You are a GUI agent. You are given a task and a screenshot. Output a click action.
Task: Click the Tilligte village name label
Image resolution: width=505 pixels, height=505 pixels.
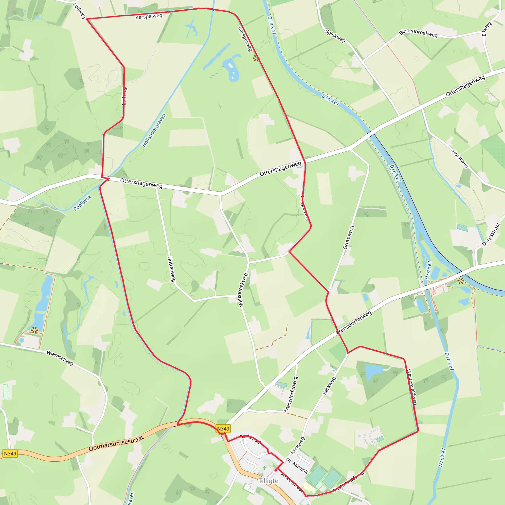click(268, 481)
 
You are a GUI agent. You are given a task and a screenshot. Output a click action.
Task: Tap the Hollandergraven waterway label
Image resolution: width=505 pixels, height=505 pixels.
click(154, 130)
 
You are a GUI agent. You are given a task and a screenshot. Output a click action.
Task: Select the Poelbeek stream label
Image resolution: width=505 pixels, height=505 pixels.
click(82, 203)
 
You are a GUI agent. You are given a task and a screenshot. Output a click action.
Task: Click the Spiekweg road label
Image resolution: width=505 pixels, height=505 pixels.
click(335, 36)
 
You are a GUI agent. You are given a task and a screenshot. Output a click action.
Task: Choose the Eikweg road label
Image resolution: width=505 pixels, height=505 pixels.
click(487, 29)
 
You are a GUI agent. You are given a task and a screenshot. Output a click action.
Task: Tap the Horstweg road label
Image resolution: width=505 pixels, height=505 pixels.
click(460, 158)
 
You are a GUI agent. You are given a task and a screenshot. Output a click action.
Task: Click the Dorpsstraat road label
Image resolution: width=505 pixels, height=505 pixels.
click(491, 234)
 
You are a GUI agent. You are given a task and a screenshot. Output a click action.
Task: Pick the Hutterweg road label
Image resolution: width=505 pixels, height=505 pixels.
click(171, 269)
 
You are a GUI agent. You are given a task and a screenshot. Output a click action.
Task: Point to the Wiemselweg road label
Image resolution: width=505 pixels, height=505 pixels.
click(60, 358)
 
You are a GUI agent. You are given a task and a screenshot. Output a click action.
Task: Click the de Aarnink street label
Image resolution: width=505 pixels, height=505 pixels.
click(297, 466)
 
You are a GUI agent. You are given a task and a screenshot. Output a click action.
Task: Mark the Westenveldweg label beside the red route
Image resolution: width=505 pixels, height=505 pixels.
click(412, 387)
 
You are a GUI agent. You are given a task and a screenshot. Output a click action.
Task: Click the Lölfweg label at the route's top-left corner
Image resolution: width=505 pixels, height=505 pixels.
click(79, 11)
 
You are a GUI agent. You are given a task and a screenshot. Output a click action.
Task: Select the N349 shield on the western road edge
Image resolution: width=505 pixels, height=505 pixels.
click(10, 453)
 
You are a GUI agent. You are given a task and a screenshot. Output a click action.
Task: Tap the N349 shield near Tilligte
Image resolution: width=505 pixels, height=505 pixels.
click(223, 429)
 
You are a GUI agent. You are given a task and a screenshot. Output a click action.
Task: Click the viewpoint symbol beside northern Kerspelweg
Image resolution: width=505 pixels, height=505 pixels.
click(256, 58)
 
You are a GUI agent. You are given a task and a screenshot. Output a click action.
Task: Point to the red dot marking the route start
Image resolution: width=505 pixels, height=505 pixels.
click(276, 470)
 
